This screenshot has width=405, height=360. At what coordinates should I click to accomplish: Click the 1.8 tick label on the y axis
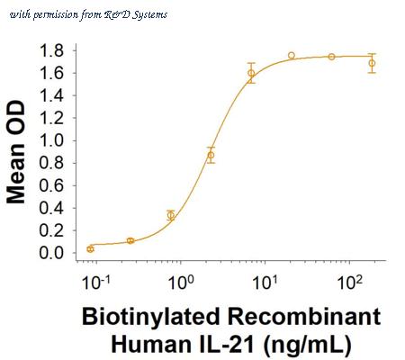point(51,50)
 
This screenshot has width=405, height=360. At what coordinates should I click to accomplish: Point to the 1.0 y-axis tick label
point(51,140)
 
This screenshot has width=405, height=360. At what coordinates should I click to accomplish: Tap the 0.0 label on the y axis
point(51,253)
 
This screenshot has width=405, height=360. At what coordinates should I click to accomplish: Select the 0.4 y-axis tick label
point(51,208)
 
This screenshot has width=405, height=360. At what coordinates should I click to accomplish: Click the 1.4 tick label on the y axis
point(51,95)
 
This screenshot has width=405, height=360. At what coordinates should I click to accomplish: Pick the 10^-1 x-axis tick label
point(95,282)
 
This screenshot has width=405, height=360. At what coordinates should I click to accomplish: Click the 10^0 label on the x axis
point(181,282)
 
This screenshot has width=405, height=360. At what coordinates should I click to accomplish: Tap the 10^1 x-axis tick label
point(265,282)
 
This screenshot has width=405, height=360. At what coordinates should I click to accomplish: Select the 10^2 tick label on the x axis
point(350,282)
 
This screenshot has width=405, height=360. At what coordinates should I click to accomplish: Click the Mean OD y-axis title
point(15,152)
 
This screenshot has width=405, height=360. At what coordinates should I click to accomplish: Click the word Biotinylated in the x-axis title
point(151,318)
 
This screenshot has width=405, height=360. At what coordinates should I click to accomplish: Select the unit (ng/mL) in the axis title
point(307,346)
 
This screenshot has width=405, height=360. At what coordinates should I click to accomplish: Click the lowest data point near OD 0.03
point(90,249)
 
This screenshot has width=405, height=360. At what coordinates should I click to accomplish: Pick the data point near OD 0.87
point(211,155)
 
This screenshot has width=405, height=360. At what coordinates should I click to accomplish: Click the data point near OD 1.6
point(251,73)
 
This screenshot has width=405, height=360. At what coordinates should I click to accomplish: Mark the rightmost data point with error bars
point(372,63)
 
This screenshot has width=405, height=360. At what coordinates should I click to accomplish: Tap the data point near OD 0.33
point(171,215)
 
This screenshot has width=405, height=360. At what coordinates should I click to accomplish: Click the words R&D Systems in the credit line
point(136,14)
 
